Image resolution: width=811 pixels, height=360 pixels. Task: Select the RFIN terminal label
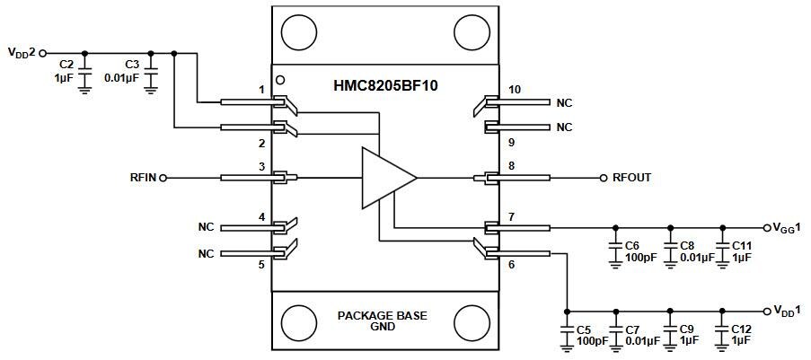[x=143, y=178]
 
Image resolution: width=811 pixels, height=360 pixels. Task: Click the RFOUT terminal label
[x=631, y=178]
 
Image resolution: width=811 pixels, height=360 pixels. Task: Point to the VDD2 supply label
[x=22, y=53]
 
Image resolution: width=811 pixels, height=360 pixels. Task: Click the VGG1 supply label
[x=788, y=227]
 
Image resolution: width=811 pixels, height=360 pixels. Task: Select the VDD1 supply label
[x=788, y=310]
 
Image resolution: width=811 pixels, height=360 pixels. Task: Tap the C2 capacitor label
[x=66, y=65]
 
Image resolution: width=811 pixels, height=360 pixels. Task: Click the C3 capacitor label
[x=131, y=65]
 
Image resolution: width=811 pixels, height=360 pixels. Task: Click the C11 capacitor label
[x=742, y=244]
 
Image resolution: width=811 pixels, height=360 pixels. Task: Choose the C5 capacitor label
[x=584, y=329]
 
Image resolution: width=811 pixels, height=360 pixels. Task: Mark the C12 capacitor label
[x=742, y=329]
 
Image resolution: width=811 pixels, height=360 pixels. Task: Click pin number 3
[x=261, y=166]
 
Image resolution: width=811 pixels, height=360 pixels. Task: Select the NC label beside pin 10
[x=563, y=102]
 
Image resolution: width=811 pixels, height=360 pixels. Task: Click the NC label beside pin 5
[x=206, y=254]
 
